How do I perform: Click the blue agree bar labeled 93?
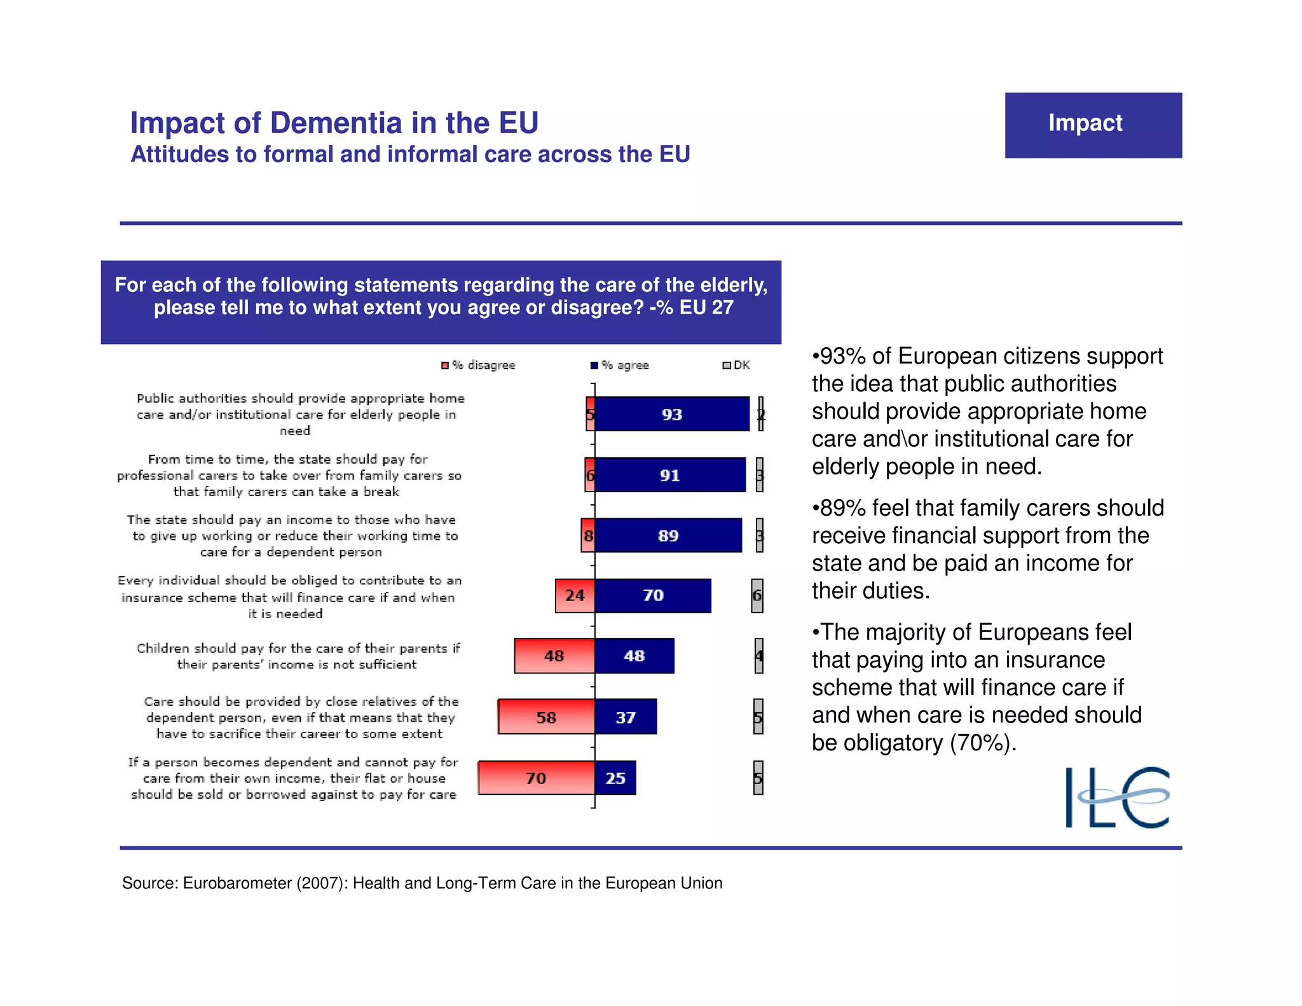pos(672,414)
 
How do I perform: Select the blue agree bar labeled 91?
pos(670,474)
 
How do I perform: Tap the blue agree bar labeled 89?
pos(668,535)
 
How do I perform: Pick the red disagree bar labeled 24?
pos(575,595)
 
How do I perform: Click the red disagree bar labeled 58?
pos(547,717)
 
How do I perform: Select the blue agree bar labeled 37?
pos(626,717)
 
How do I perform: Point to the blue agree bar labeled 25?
pos(615,777)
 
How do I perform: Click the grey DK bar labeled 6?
pos(757,596)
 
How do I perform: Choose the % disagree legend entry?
pos(479,365)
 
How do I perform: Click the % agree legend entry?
pos(620,365)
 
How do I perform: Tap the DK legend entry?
pos(737,365)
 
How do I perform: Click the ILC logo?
pos(1117,797)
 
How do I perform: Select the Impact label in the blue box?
pos(1085,123)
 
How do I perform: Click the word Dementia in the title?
pos(336,123)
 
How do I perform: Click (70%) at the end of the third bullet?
pos(982,742)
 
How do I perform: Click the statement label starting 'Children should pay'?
pos(298,656)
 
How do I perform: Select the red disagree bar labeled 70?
pos(536,778)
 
